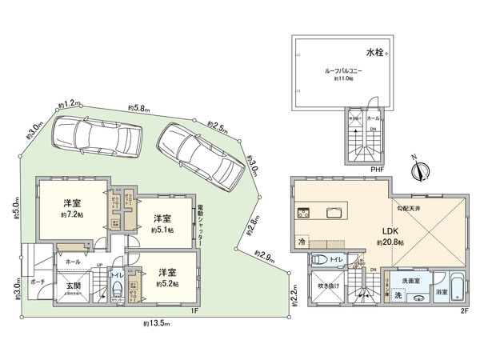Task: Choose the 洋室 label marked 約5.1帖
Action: [163, 218]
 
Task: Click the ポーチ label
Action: [38, 282]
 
